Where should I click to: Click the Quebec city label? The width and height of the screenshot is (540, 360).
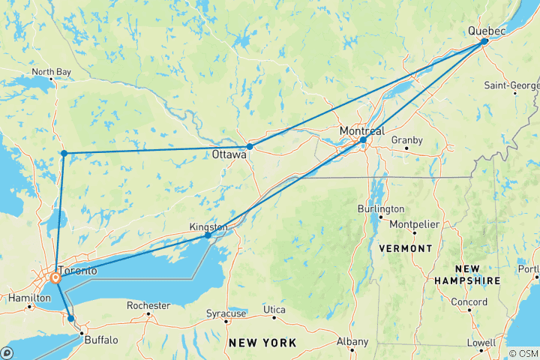(x=487, y=30)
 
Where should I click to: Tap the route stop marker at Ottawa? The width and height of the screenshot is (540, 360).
(x=250, y=147)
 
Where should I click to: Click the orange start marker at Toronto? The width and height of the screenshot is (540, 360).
(x=55, y=279)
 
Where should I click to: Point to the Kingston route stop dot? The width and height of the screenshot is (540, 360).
(x=208, y=235)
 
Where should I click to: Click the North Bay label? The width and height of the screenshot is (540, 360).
(x=52, y=73)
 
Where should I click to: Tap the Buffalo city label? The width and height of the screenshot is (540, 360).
(x=101, y=340)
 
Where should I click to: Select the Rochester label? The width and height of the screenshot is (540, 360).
(x=148, y=305)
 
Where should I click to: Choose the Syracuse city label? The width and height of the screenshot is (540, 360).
(x=226, y=312)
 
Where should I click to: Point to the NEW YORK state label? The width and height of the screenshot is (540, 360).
(x=262, y=343)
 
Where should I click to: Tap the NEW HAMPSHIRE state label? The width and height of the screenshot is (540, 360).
(x=467, y=274)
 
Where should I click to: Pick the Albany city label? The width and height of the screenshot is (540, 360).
(x=352, y=341)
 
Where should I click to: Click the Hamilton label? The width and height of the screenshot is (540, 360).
(x=25, y=298)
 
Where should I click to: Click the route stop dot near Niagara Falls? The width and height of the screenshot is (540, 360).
(x=71, y=319)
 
